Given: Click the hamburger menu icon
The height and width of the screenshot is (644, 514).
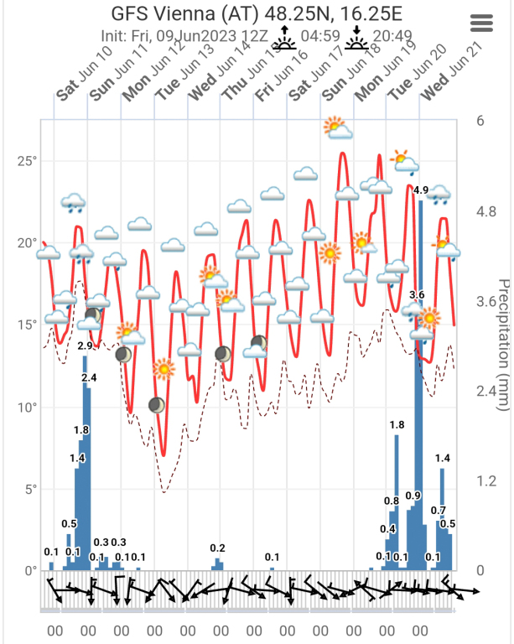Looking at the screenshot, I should (482, 23).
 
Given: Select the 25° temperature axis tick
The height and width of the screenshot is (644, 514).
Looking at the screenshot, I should (28, 161).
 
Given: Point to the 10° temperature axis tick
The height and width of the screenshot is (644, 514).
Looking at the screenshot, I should (28, 408).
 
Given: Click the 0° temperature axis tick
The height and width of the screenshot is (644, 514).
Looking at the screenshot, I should (31, 571).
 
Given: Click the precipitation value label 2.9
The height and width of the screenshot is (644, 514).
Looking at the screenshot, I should (85, 346).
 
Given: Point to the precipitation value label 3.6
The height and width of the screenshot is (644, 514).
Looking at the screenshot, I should (417, 295).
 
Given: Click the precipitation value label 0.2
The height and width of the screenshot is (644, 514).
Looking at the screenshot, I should (218, 548).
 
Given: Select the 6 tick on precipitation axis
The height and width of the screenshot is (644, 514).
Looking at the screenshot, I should (480, 121).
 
